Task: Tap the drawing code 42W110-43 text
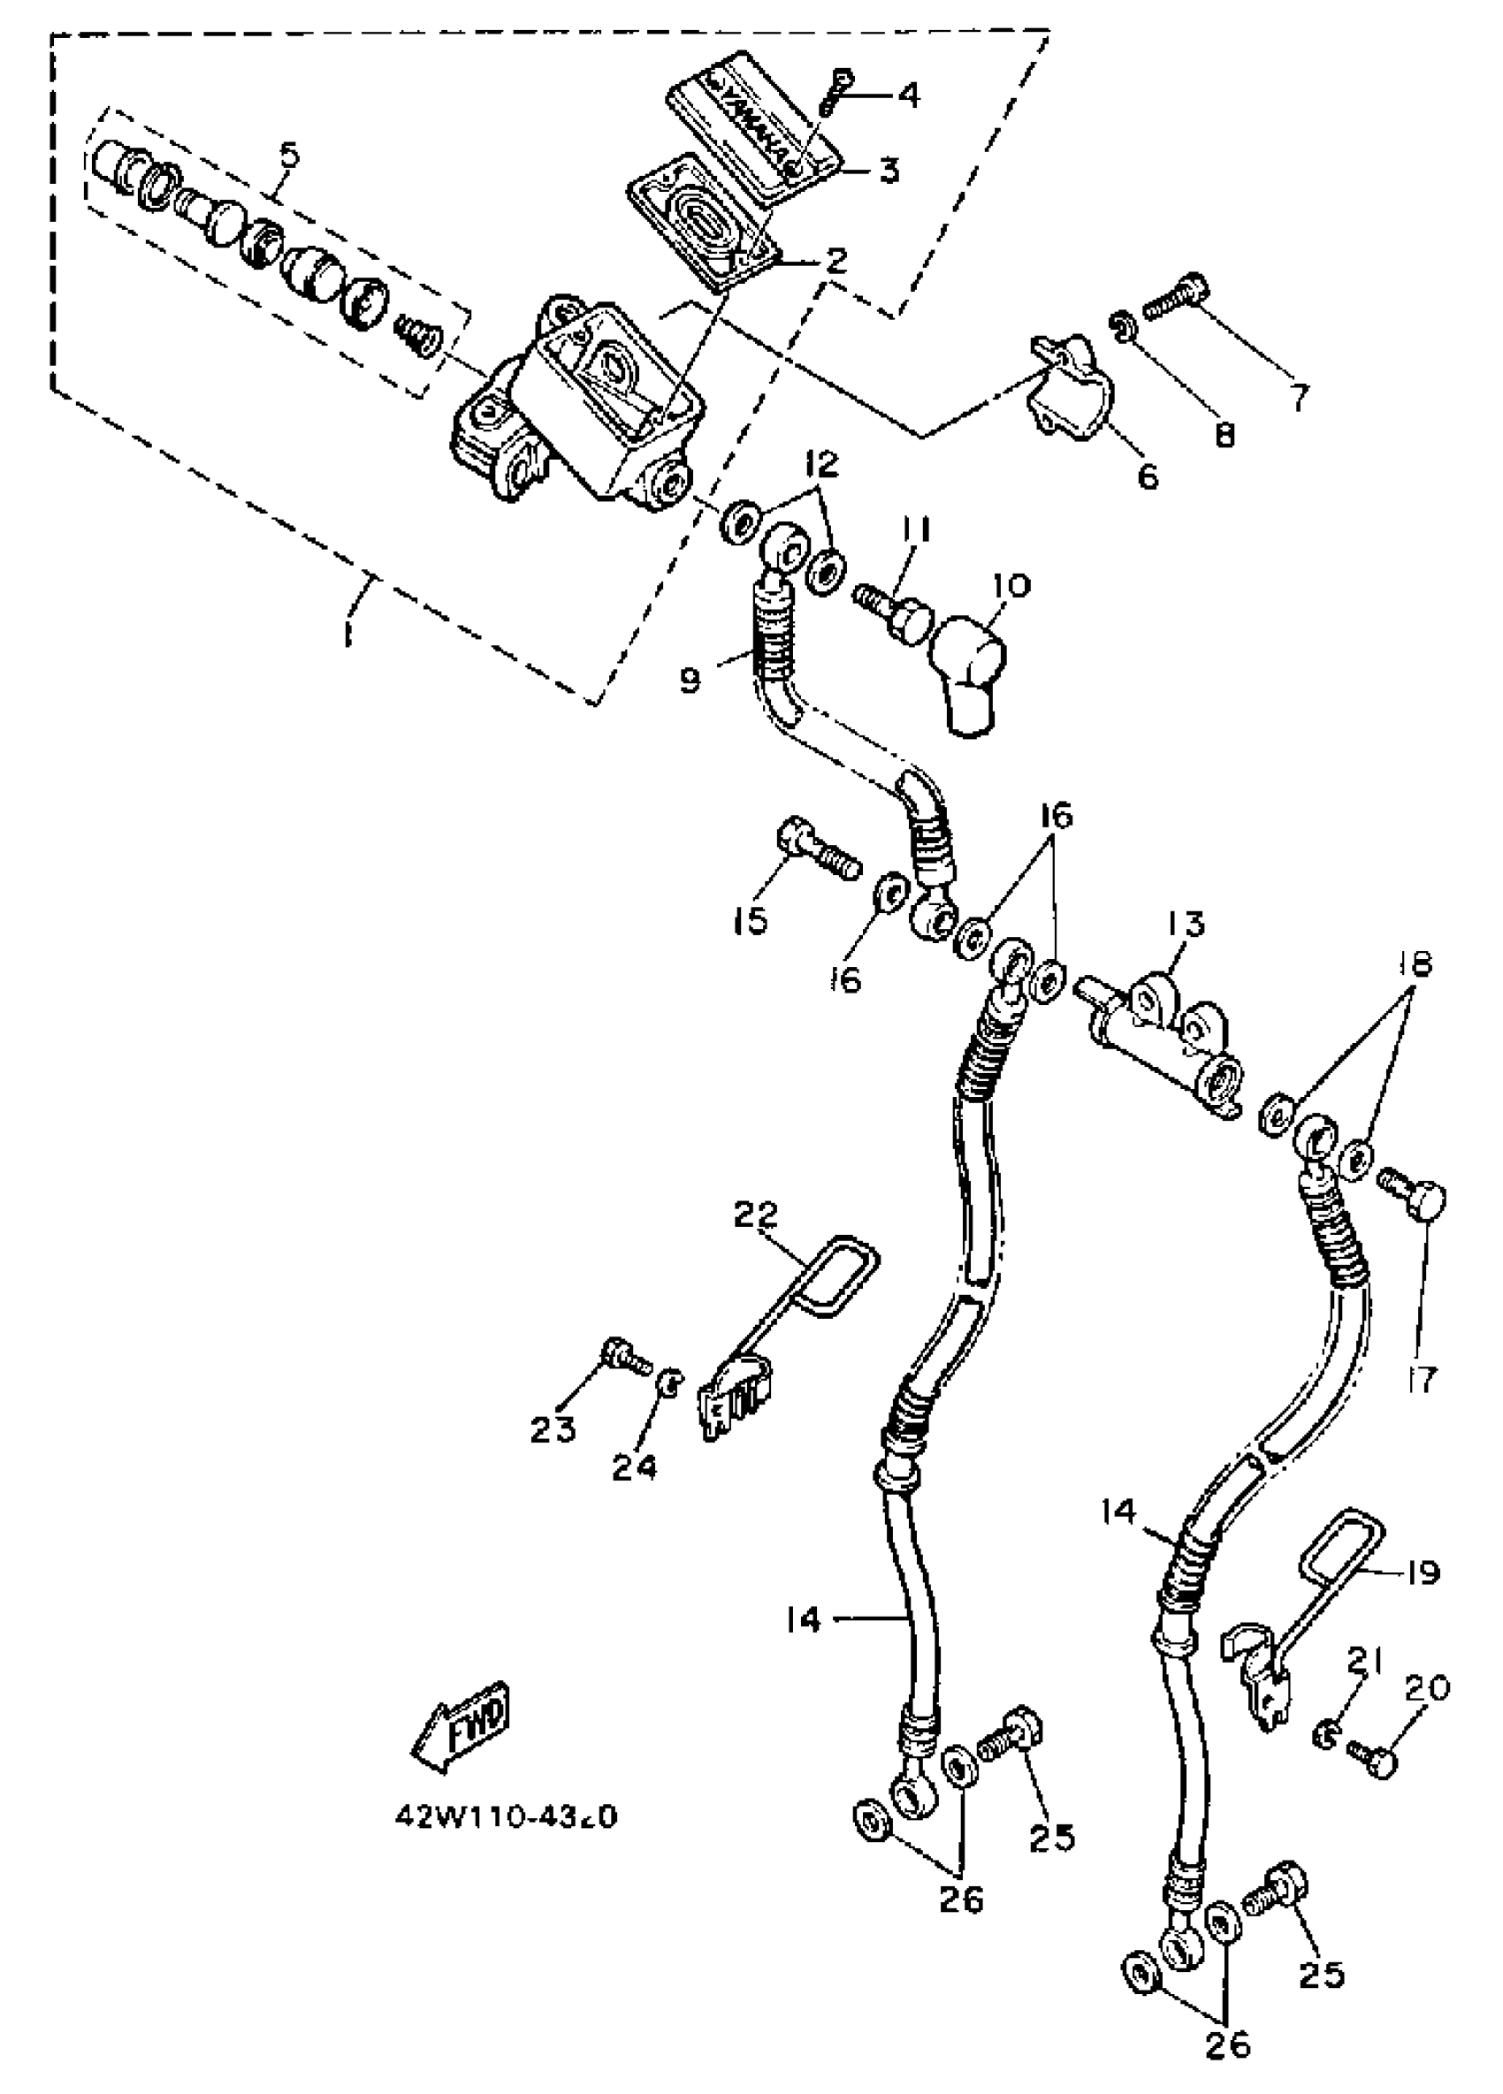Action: point(506,1816)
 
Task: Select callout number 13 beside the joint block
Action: point(1186,925)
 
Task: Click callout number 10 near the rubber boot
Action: point(1011,585)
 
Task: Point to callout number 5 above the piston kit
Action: point(290,154)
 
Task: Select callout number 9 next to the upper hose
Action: point(690,681)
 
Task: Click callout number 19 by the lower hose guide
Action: point(1423,1572)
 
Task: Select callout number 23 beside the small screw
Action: point(553,1430)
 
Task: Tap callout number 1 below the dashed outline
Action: point(348,634)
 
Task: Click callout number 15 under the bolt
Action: point(751,919)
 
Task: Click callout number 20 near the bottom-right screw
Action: point(1427,1688)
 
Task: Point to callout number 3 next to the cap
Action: point(889,170)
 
